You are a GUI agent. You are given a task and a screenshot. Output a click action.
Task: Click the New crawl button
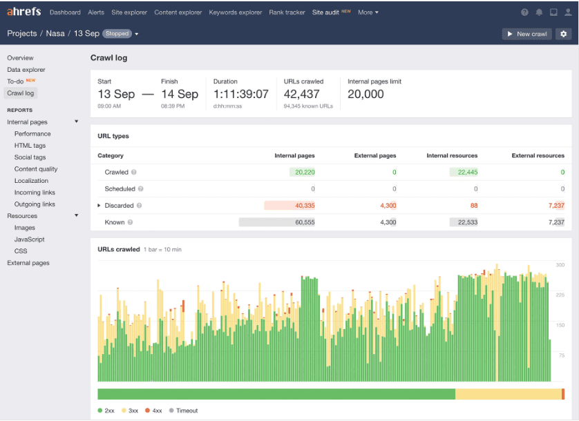(526, 34)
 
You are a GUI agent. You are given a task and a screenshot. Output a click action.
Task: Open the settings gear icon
(563, 34)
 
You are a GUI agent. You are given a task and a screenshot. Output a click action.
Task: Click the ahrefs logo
(25, 12)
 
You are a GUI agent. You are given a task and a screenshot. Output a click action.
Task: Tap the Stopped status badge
(117, 34)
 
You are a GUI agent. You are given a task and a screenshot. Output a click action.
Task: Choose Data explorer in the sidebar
(26, 70)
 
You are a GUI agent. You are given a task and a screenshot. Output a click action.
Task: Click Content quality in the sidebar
(36, 169)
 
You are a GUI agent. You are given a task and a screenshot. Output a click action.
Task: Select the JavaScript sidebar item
(29, 239)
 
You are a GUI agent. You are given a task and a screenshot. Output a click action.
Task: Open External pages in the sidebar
(28, 263)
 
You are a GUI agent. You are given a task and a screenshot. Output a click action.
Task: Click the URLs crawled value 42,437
(302, 95)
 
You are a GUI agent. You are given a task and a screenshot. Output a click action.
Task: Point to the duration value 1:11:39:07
(240, 95)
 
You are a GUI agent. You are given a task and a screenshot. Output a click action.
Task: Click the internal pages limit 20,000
(366, 95)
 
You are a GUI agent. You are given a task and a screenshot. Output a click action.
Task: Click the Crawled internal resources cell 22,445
(464, 173)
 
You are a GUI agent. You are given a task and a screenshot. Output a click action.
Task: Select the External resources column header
(538, 156)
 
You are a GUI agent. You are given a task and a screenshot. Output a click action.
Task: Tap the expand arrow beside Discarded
(99, 206)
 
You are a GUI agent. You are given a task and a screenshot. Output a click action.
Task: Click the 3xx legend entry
(130, 411)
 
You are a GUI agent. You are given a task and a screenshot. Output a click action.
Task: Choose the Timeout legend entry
(184, 411)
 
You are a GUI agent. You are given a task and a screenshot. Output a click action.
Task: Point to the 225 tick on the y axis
(560, 295)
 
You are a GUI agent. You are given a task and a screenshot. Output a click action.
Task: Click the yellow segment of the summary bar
(508, 394)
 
